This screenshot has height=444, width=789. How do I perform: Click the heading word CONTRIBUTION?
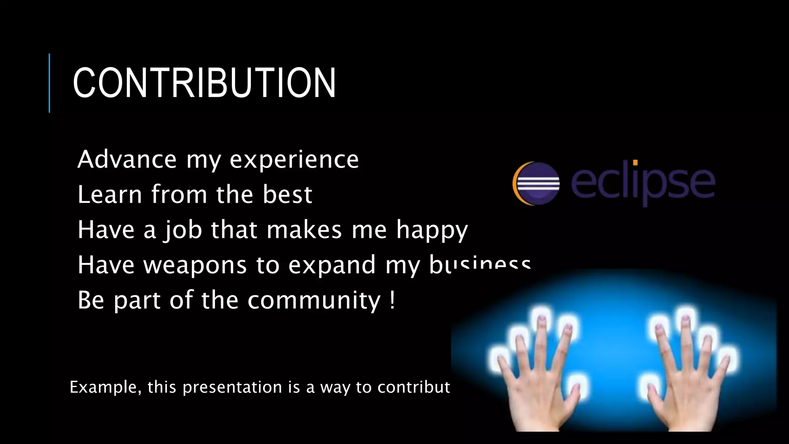[204, 83]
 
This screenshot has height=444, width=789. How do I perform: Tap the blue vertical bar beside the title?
[49, 83]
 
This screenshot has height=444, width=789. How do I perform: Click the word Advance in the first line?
[127, 159]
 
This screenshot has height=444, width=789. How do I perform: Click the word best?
[287, 194]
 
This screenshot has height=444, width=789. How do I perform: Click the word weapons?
[195, 266]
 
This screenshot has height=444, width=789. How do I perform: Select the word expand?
[332, 266]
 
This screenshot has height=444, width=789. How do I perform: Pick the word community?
[314, 301]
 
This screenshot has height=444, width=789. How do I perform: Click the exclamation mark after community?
[392, 300]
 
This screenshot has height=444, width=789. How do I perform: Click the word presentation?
[232, 387]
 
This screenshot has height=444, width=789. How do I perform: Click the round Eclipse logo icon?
[536, 183]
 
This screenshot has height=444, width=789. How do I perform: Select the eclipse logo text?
[642, 182]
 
